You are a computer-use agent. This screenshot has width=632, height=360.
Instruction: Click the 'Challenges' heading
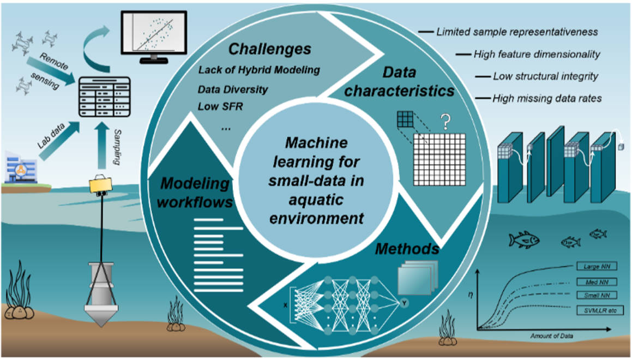pos(269,50)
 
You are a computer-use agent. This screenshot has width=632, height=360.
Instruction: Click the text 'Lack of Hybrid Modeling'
pos(259,70)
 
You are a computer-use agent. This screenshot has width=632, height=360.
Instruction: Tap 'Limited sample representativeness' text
pos(517,32)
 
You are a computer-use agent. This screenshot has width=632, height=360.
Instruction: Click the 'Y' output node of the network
pos(404,300)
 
